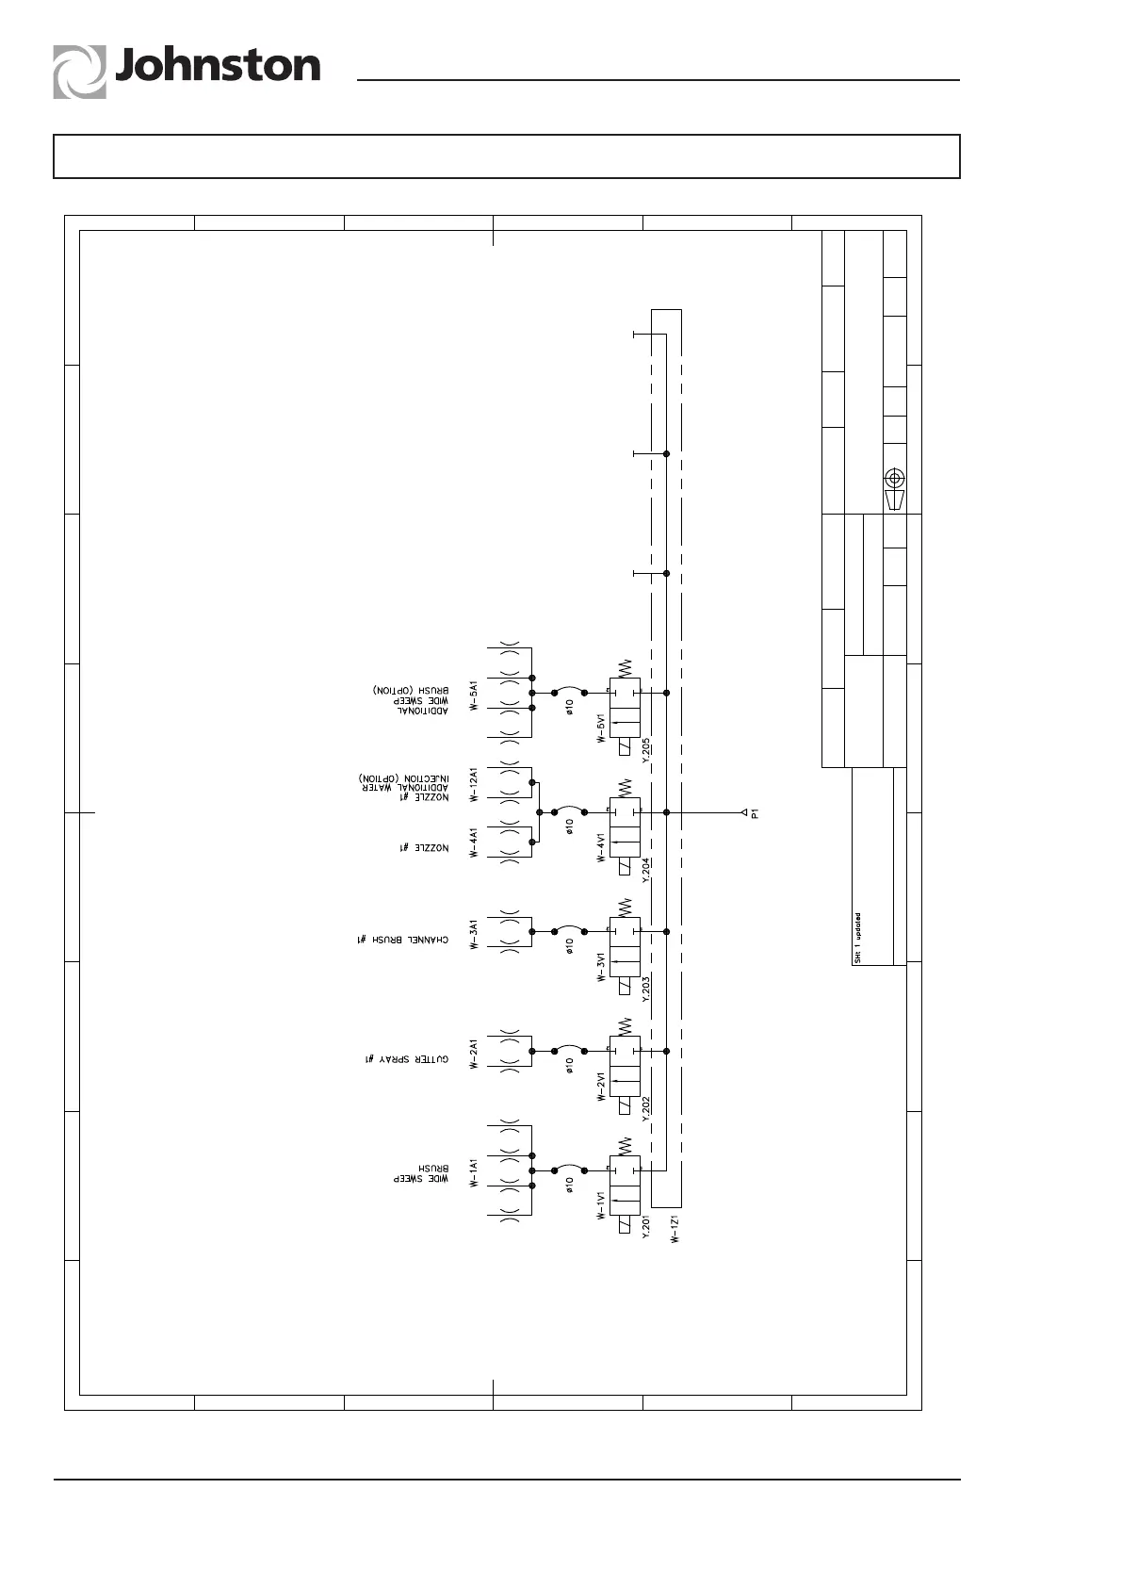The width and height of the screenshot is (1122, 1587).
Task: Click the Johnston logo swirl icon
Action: (x=79, y=73)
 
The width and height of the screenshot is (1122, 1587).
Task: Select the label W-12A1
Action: (x=474, y=784)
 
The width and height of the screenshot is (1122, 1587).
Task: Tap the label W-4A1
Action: (x=474, y=842)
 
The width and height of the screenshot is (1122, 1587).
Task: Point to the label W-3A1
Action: (x=474, y=933)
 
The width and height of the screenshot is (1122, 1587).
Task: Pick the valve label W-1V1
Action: (x=600, y=1203)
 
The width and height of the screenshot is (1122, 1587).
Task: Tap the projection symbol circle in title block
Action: (x=895, y=476)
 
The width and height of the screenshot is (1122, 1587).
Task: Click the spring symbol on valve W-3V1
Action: (x=624, y=907)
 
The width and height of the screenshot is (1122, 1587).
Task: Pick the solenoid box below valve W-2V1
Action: (x=624, y=1106)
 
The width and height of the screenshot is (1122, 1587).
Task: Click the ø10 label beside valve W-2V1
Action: (x=569, y=1066)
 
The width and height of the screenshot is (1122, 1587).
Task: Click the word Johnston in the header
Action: (x=218, y=67)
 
